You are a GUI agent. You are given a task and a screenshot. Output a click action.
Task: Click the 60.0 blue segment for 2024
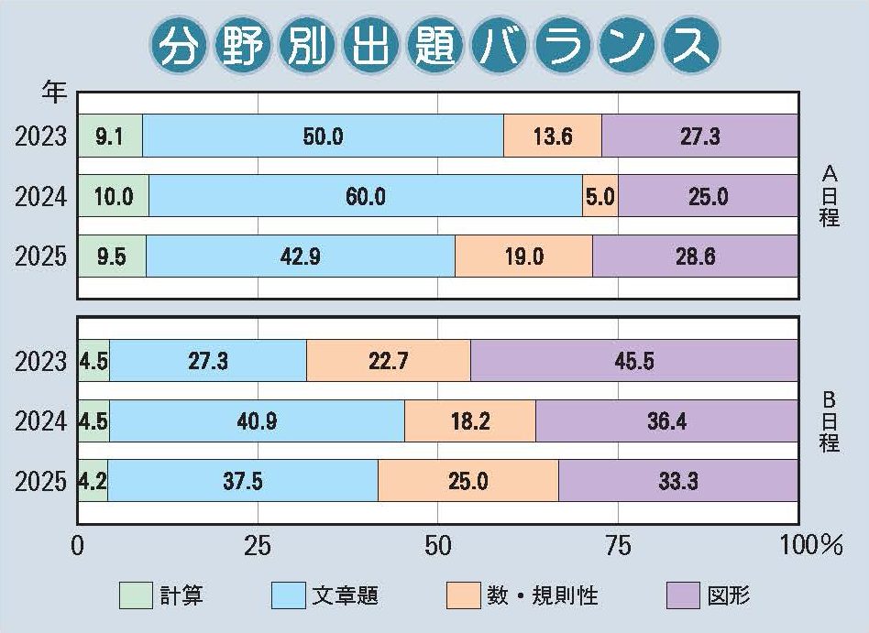pos(365,197)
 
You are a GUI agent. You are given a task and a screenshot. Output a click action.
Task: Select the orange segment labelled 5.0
pos(600,197)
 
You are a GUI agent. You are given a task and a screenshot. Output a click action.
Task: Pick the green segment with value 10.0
pos(114,197)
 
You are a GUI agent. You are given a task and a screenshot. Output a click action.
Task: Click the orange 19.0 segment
pos(523,256)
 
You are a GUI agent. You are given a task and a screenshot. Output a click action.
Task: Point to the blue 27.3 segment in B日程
pos(208,361)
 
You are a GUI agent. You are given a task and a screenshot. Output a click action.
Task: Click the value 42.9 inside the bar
pos(301,256)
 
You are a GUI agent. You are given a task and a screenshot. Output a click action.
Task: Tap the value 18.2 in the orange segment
pos(470,421)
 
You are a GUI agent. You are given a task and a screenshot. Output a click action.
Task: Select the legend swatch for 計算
pos(136,595)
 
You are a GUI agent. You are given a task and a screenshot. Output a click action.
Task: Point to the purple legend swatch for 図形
pos(684,595)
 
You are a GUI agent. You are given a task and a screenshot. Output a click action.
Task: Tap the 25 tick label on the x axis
pos(258,547)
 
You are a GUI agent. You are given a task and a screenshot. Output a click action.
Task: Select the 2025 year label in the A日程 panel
pos(41,256)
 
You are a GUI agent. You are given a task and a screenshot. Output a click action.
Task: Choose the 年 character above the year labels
pos(54,91)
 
